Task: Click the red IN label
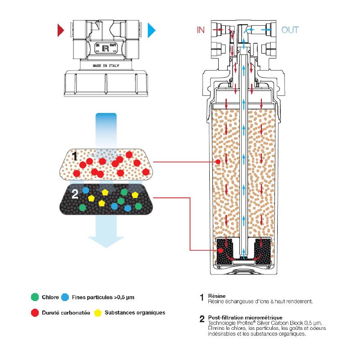(201, 30)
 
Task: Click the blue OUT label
(290, 30)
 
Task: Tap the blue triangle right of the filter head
(152, 30)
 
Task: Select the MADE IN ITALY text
(107, 65)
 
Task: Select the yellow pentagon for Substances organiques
(98, 312)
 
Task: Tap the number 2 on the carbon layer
(75, 194)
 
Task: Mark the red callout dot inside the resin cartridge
(218, 161)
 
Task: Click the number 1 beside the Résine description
(202, 298)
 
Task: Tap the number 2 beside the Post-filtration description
(202, 320)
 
